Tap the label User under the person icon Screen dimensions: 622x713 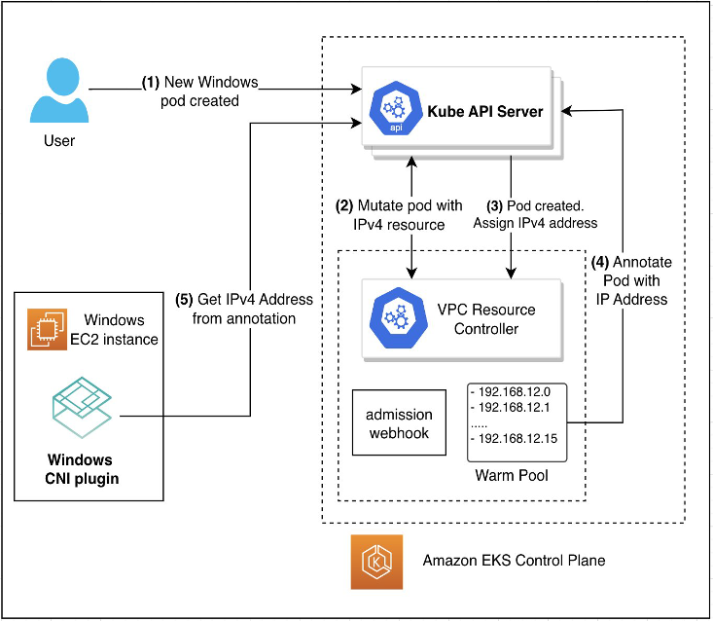[x=59, y=141]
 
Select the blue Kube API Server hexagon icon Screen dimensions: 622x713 [x=394, y=111]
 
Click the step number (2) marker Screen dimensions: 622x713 [x=345, y=205]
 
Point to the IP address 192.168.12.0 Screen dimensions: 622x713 [x=515, y=391]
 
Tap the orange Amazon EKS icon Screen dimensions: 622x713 [x=375, y=564]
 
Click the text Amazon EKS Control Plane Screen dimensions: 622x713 [x=514, y=561]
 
